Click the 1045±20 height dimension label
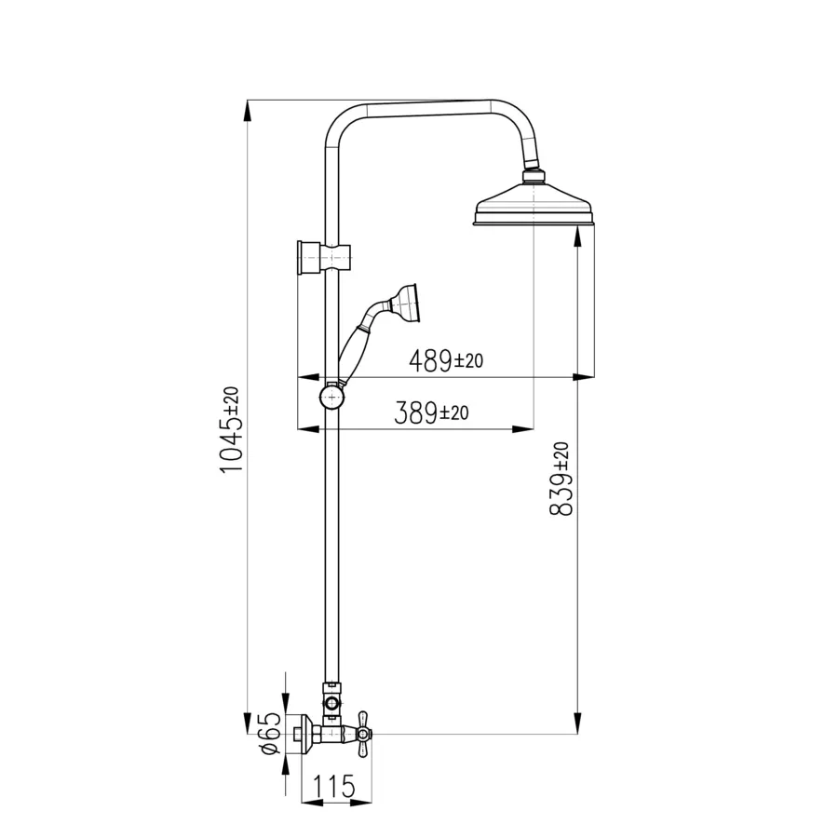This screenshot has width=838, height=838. pos(230,429)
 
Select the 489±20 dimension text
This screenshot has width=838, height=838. pos(446,360)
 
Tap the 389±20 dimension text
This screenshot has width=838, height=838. pos(431,412)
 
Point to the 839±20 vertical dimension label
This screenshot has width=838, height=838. pos(561,479)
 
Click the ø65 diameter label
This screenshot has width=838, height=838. pos(271,733)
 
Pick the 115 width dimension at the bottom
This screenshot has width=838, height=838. pos(334,786)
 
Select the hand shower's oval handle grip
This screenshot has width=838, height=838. pos(351,355)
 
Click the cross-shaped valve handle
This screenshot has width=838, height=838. pos(363,735)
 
